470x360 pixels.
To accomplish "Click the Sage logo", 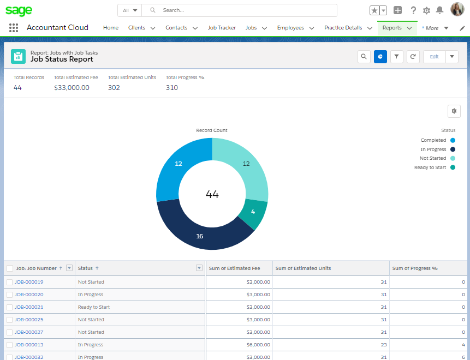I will (19, 11).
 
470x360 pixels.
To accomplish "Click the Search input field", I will (246, 10).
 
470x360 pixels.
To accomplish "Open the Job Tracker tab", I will (221, 28).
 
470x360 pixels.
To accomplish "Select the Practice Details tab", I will (343, 28).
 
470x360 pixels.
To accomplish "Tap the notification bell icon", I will (439, 10).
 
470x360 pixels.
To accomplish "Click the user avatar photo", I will (457, 10).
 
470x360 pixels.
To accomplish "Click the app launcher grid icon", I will (14, 28).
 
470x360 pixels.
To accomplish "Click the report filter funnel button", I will (397, 57).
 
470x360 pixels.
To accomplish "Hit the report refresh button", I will (413, 57).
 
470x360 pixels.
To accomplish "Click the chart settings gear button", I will (454, 111).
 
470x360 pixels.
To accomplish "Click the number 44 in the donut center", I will (212, 194).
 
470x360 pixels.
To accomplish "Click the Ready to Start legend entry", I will (435, 167).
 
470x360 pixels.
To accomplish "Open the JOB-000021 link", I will (29, 307).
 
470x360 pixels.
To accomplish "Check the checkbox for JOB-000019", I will (9, 282).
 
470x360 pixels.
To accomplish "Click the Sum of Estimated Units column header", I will (303, 268).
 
